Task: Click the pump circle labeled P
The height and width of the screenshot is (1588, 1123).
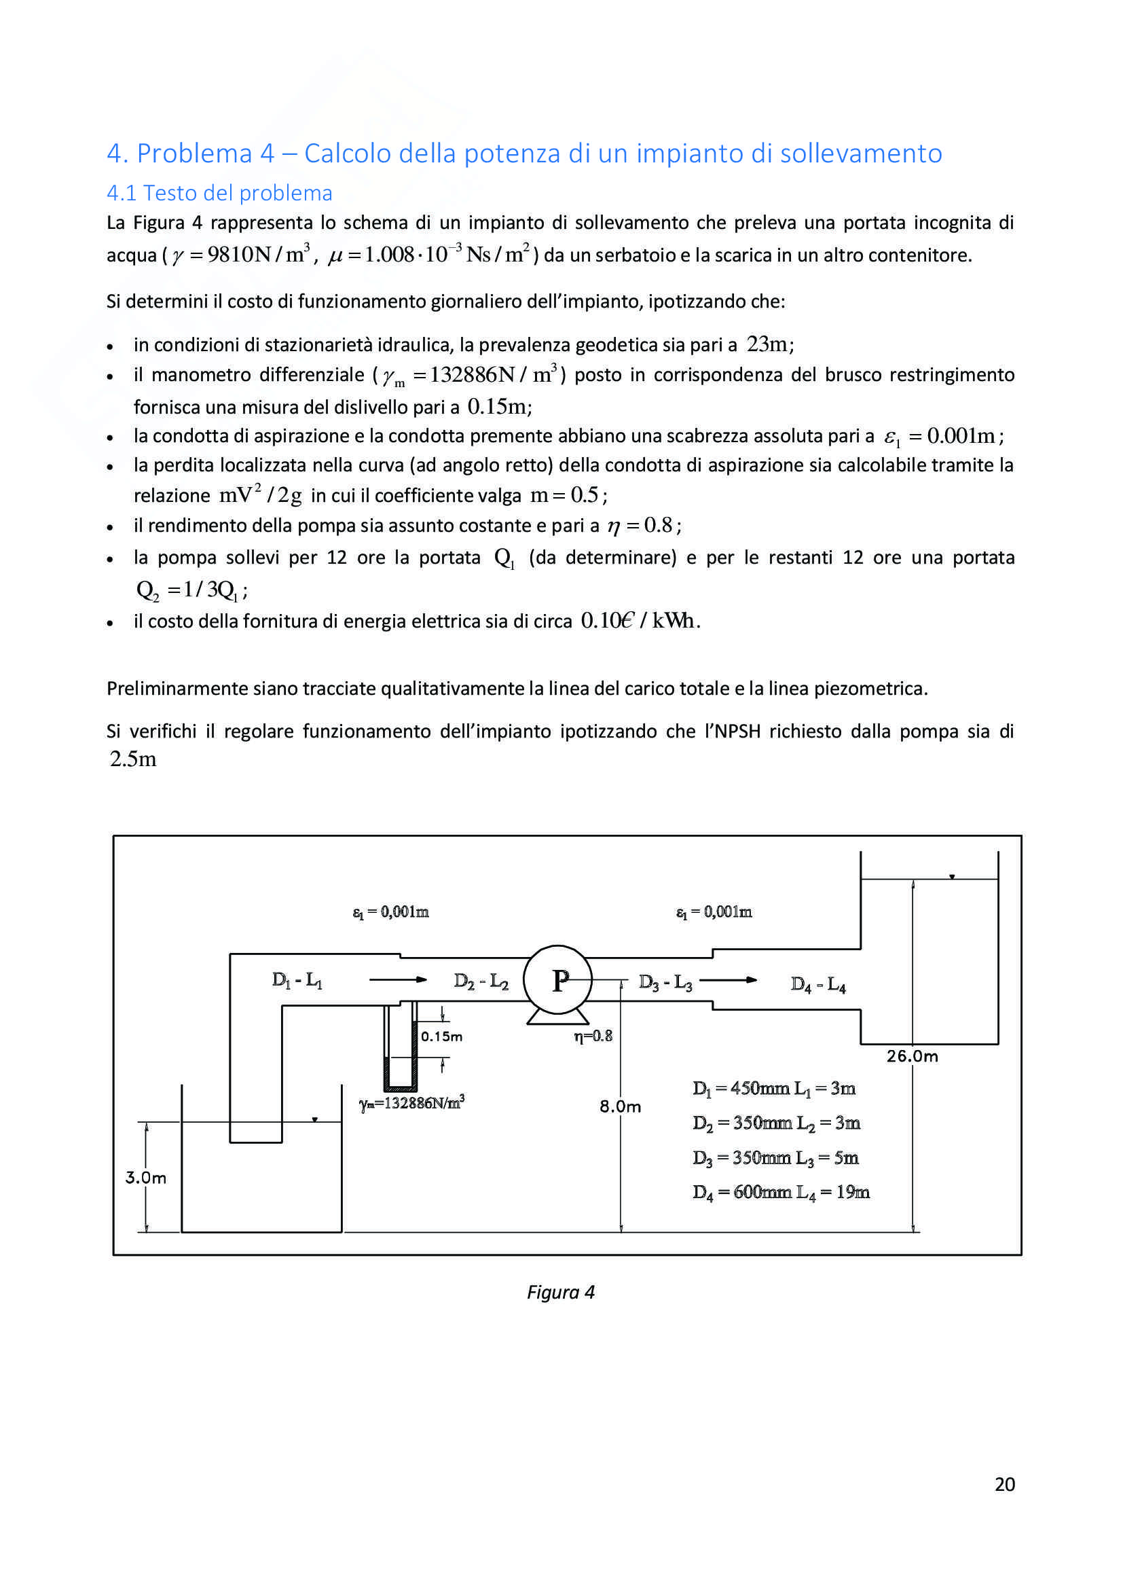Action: pyautogui.click(x=557, y=979)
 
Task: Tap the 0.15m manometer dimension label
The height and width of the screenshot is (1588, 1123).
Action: pyautogui.click(x=441, y=1036)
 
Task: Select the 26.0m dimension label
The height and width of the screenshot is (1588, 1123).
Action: pyautogui.click(x=912, y=1056)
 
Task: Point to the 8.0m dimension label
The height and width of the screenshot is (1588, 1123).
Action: pyautogui.click(x=620, y=1106)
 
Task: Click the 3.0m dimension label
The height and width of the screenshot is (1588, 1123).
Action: pyautogui.click(x=145, y=1178)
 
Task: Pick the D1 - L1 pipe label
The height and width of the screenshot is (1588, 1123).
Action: pyautogui.click(x=297, y=980)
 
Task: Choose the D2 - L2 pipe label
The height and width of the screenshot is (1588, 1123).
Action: pyautogui.click(x=481, y=981)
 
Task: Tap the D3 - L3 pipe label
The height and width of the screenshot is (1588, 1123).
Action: pyautogui.click(x=665, y=982)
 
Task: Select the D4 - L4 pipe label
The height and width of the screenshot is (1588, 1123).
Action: pyautogui.click(x=818, y=984)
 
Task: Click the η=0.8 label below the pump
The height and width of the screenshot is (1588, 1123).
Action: pyautogui.click(x=593, y=1035)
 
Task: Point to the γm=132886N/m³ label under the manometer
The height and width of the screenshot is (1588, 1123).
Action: pyautogui.click(x=411, y=1102)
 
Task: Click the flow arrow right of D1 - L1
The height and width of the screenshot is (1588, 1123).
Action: pyautogui.click(x=398, y=979)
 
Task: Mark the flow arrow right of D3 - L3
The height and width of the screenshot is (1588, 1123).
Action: pyautogui.click(x=727, y=980)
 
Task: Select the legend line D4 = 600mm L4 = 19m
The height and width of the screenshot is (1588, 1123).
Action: pyautogui.click(x=781, y=1193)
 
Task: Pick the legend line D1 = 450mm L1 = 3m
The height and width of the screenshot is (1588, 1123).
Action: pyautogui.click(x=774, y=1089)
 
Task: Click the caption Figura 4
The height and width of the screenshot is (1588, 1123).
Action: pyautogui.click(x=560, y=1292)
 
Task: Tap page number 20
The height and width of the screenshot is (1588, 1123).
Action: pyautogui.click(x=1004, y=1484)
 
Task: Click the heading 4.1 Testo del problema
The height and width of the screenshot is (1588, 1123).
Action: pyautogui.click(x=219, y=193)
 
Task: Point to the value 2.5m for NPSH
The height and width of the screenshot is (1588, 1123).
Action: pyautogui.click(x=133, y=759)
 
